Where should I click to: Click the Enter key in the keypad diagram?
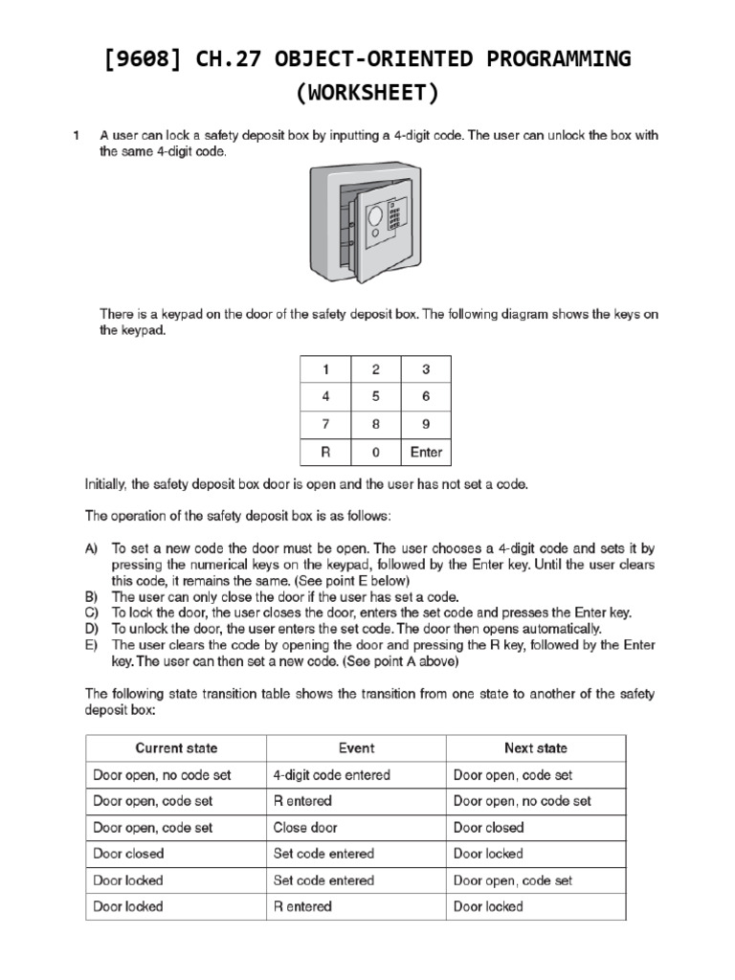coord(426,452)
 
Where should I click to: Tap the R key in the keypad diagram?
coord(324,452)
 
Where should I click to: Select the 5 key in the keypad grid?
coord(375,396)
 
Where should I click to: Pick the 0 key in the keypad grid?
coord(375,452)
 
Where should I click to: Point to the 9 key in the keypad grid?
coord(426,424)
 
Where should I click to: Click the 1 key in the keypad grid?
coord(324,368)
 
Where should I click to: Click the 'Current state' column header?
coord(176,748)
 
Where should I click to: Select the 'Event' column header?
coord(356,748)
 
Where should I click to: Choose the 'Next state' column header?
coord(535,748)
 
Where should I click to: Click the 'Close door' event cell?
coord(305,827)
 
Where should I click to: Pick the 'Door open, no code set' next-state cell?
coord(522,801)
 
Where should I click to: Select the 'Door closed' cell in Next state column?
coord(488,827)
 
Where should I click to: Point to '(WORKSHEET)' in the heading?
coord(367,94)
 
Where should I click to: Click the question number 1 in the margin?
coord(76,136)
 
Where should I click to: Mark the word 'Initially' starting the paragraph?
coord(105,485)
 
